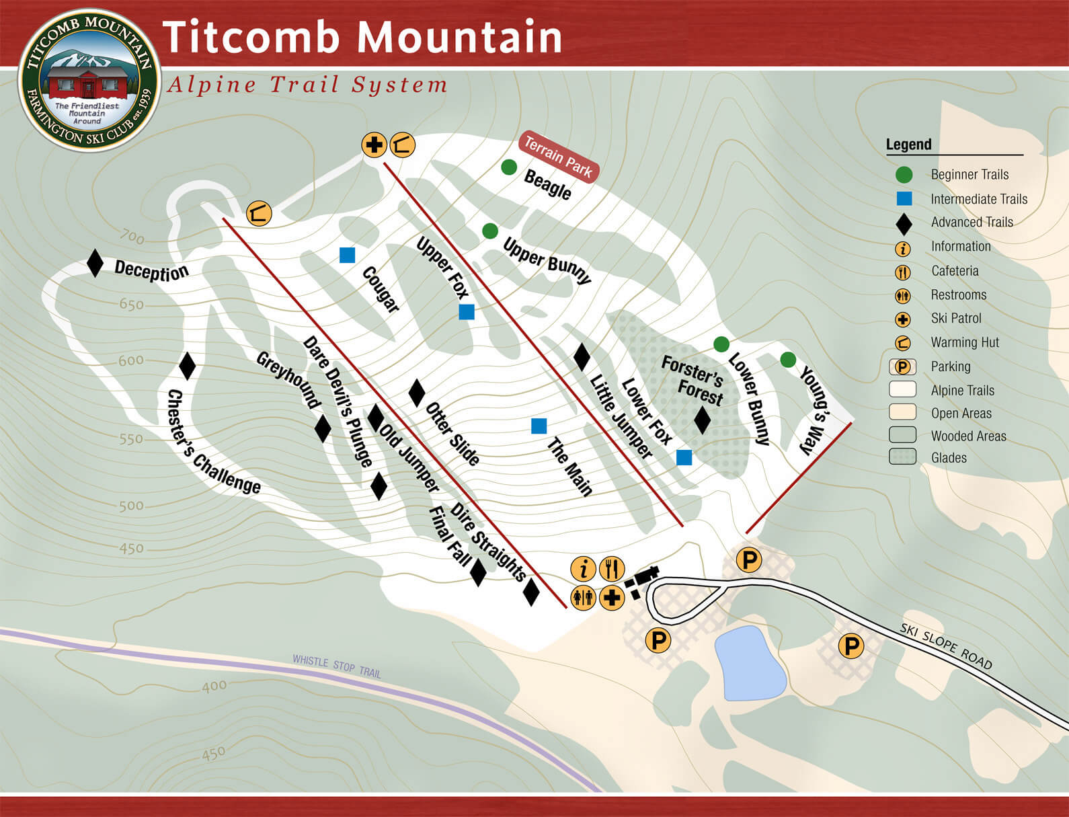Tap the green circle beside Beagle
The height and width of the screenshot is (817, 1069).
[x=509, y=167]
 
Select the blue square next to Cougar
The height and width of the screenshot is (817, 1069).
[x=347, y=255]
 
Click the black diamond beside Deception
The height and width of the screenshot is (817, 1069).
[x=95, y=263]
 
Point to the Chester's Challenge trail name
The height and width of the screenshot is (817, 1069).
[x=213, y=442]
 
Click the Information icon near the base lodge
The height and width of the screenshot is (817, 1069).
[x=584, y=569]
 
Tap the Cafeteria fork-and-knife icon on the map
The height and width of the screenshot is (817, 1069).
[x=612, y=569]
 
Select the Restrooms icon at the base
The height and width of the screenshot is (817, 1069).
[x=584, y=597]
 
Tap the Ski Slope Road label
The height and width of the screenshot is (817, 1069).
[x=946, y=646]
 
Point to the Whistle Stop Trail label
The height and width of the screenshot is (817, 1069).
[x=336, y=666]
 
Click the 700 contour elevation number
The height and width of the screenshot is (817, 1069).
[x=132, y=237]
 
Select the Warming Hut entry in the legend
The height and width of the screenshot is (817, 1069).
[x=965, y=342]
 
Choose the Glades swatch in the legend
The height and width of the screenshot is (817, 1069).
[x=902, y=457]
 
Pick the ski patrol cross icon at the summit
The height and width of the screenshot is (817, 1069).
[x=374, y=145]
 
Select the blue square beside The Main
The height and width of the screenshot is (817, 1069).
[x=539, y=426]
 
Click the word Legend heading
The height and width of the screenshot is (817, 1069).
[x=908, y=145]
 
